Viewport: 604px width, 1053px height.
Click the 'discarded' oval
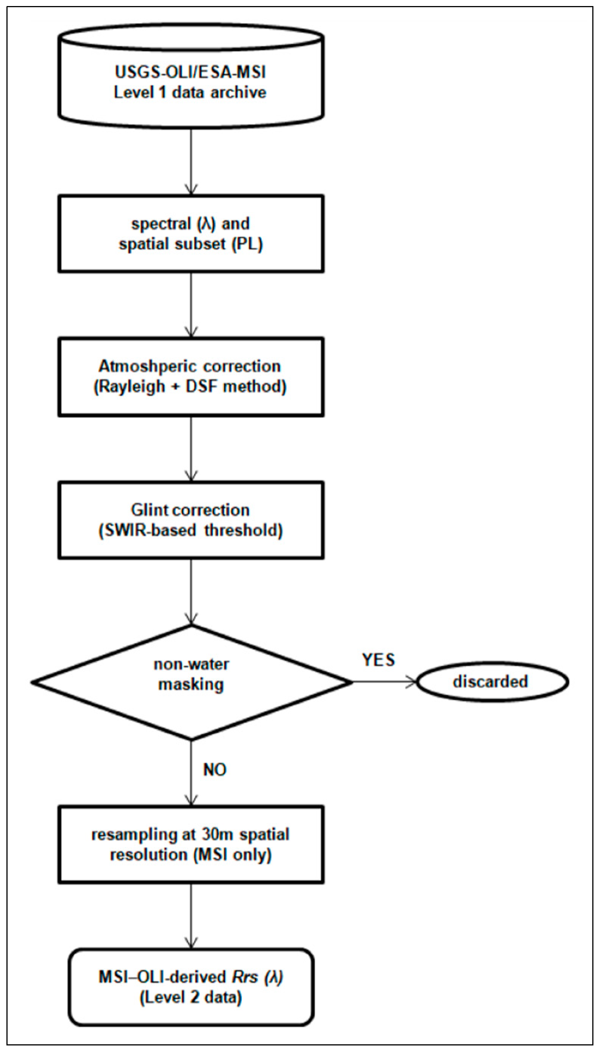(492, 682)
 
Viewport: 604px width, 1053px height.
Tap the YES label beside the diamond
(378, 660)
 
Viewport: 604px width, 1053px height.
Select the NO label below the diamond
(215, 770)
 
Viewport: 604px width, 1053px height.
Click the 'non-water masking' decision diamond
(191, 682)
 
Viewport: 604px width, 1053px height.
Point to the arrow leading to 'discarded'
(384, 682)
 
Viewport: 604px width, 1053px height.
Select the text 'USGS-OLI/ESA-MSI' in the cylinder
(190, 72)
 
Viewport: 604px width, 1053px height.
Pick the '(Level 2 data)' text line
(191, 997)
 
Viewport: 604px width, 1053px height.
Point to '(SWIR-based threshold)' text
(191, 530)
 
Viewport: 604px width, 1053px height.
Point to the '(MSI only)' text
(232, 855)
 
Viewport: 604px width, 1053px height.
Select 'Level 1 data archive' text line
(190, 92)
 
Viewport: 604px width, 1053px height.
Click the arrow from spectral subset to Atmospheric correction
(191, 305)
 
